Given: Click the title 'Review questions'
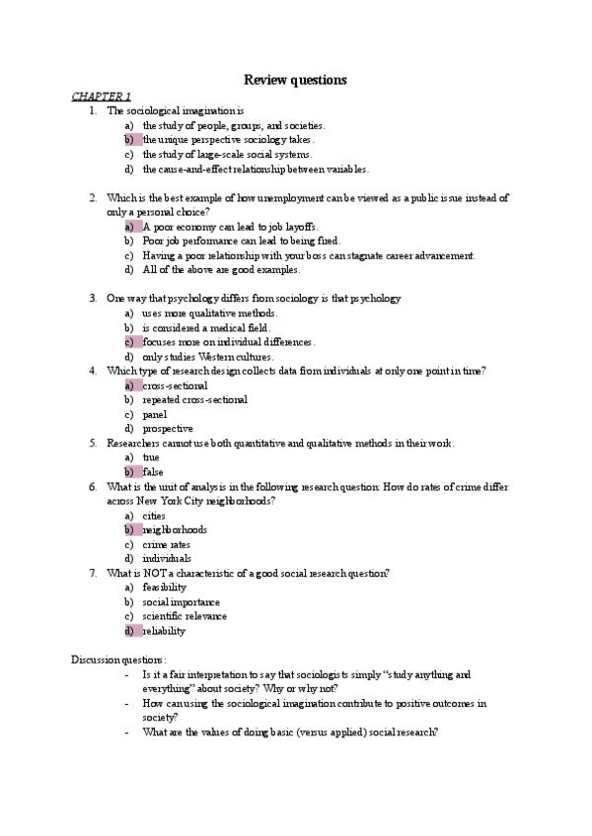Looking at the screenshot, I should point(296,80).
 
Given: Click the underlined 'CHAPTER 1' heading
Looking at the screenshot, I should point(101,96).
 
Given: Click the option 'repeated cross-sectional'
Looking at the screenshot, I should point(194,400).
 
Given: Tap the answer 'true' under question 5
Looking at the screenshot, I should point(151,457).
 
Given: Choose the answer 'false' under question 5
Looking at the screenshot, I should point(153,472).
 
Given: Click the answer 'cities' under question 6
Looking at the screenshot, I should point(155,516).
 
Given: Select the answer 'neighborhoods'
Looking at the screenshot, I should point(175,529).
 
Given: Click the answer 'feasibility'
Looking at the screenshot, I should point(164,588).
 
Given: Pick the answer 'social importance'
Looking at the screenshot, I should point(181,601).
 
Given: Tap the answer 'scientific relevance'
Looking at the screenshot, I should point(185,616).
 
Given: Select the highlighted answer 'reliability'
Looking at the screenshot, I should point(163,631).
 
